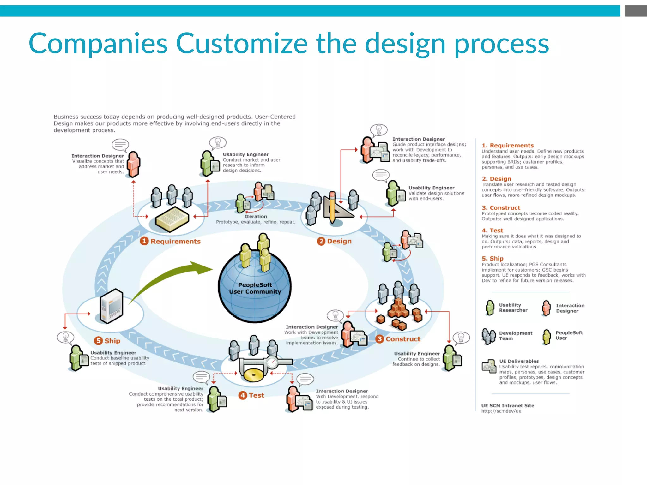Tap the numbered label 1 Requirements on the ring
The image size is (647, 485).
pyautogui.click(x=171, y=241)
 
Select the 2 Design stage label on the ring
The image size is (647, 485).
pyautogui.click(x=335, y=241)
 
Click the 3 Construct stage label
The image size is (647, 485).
pyautogui.click(x=398, y=339)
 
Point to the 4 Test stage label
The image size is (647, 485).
pyautogui.click(x=251, y=395)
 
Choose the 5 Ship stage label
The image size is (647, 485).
pyautogui.click(x=107, y=341)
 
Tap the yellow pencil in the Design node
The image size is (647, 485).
pyautogui.click(x=332, y=207)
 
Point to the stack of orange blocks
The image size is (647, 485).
pyautogui.click(x=399, y=308)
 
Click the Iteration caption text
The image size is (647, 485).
pyautogui.click(x=256, y=217)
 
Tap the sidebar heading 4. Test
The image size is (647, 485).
pyautogui.click(x=492, y=231)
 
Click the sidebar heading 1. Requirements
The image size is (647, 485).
pyautogui.click(x=507, y=146)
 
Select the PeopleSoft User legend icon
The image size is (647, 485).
pyautogui.click(x=547, y=337)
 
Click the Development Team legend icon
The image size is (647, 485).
pyautogui.click(x=488, y=336)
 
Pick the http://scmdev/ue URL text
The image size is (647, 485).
pyautogui.click(x=501, y=411)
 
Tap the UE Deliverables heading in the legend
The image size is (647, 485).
pyautogui.click(x=519, y=361)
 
